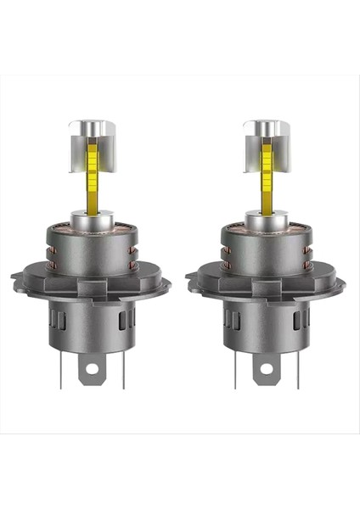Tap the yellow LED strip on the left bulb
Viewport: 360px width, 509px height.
[x=91, y=174]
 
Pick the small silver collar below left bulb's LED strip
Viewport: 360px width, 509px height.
[x=91, y=216]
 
